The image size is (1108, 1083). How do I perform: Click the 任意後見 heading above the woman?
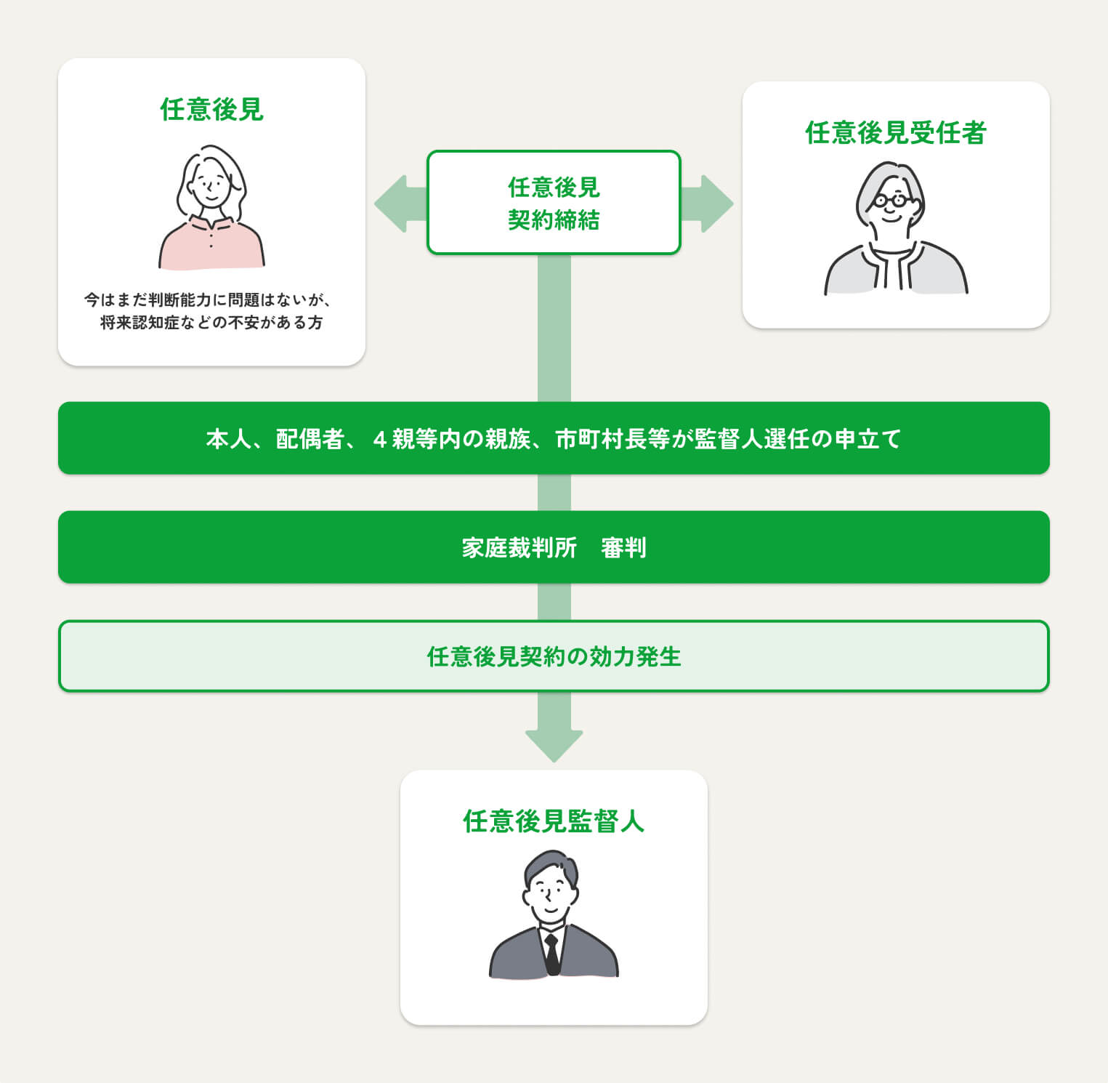[x=211, y=110]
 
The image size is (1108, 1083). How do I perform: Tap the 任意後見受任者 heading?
[x=895, y=133]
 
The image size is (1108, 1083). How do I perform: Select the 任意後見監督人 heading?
[x=554, y=821]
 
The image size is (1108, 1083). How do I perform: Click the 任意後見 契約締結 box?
[x=554, y=203]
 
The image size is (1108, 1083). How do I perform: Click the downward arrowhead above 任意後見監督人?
[x=554, y=745]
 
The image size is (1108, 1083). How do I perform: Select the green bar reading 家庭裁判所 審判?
[x=554, y=547]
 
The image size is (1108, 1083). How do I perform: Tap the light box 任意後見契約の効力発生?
[x=554, y=656]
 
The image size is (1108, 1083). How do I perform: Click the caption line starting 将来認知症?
[x=211, y=323]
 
